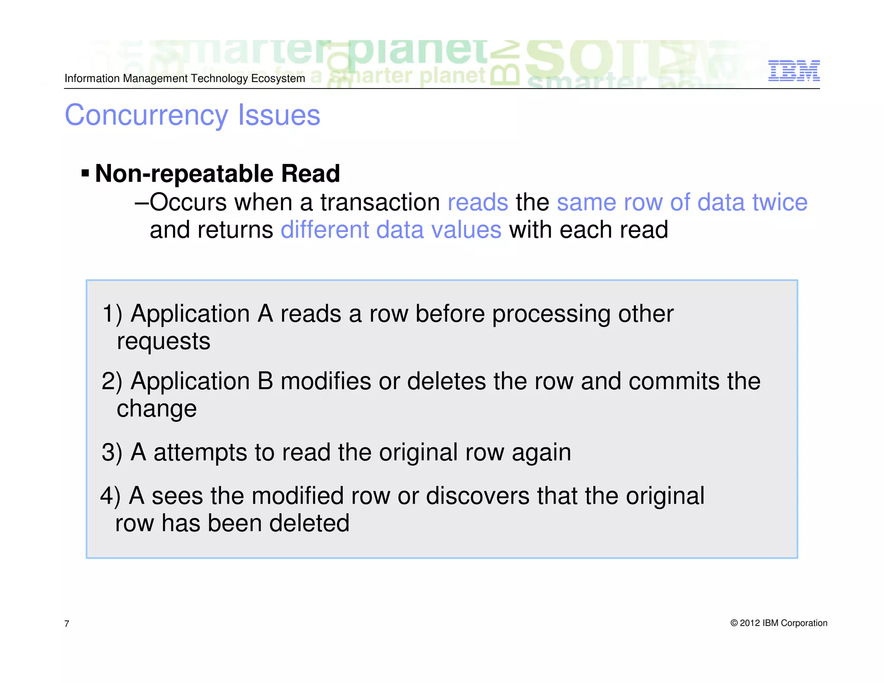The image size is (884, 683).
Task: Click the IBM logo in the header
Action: [x=794, y=71]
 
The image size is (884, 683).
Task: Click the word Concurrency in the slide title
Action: [x=146, y=115]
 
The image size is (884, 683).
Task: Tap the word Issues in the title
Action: [x=279, y=115]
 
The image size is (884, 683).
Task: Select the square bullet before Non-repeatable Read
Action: [x=85, y=174]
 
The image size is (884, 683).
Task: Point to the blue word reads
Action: [x=478, y=202]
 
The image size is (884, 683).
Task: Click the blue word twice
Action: [x=780, y=202]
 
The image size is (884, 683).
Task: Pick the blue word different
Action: [x=325, y=230]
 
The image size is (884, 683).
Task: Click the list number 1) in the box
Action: [x=112, y=313]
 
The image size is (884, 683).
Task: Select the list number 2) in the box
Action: [x=112, y=381]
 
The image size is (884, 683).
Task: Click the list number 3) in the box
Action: [x=112, y=452]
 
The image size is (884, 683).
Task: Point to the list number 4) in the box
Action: [x=110, y=496]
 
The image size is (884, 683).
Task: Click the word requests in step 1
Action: [x=164, y=342]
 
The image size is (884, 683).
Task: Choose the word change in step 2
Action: [x=157, y=409]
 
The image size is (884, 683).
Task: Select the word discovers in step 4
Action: [x=477, y=496]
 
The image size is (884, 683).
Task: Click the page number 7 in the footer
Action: [x=66, y=623]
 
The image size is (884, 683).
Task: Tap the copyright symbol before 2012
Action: [x=734, y=623]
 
